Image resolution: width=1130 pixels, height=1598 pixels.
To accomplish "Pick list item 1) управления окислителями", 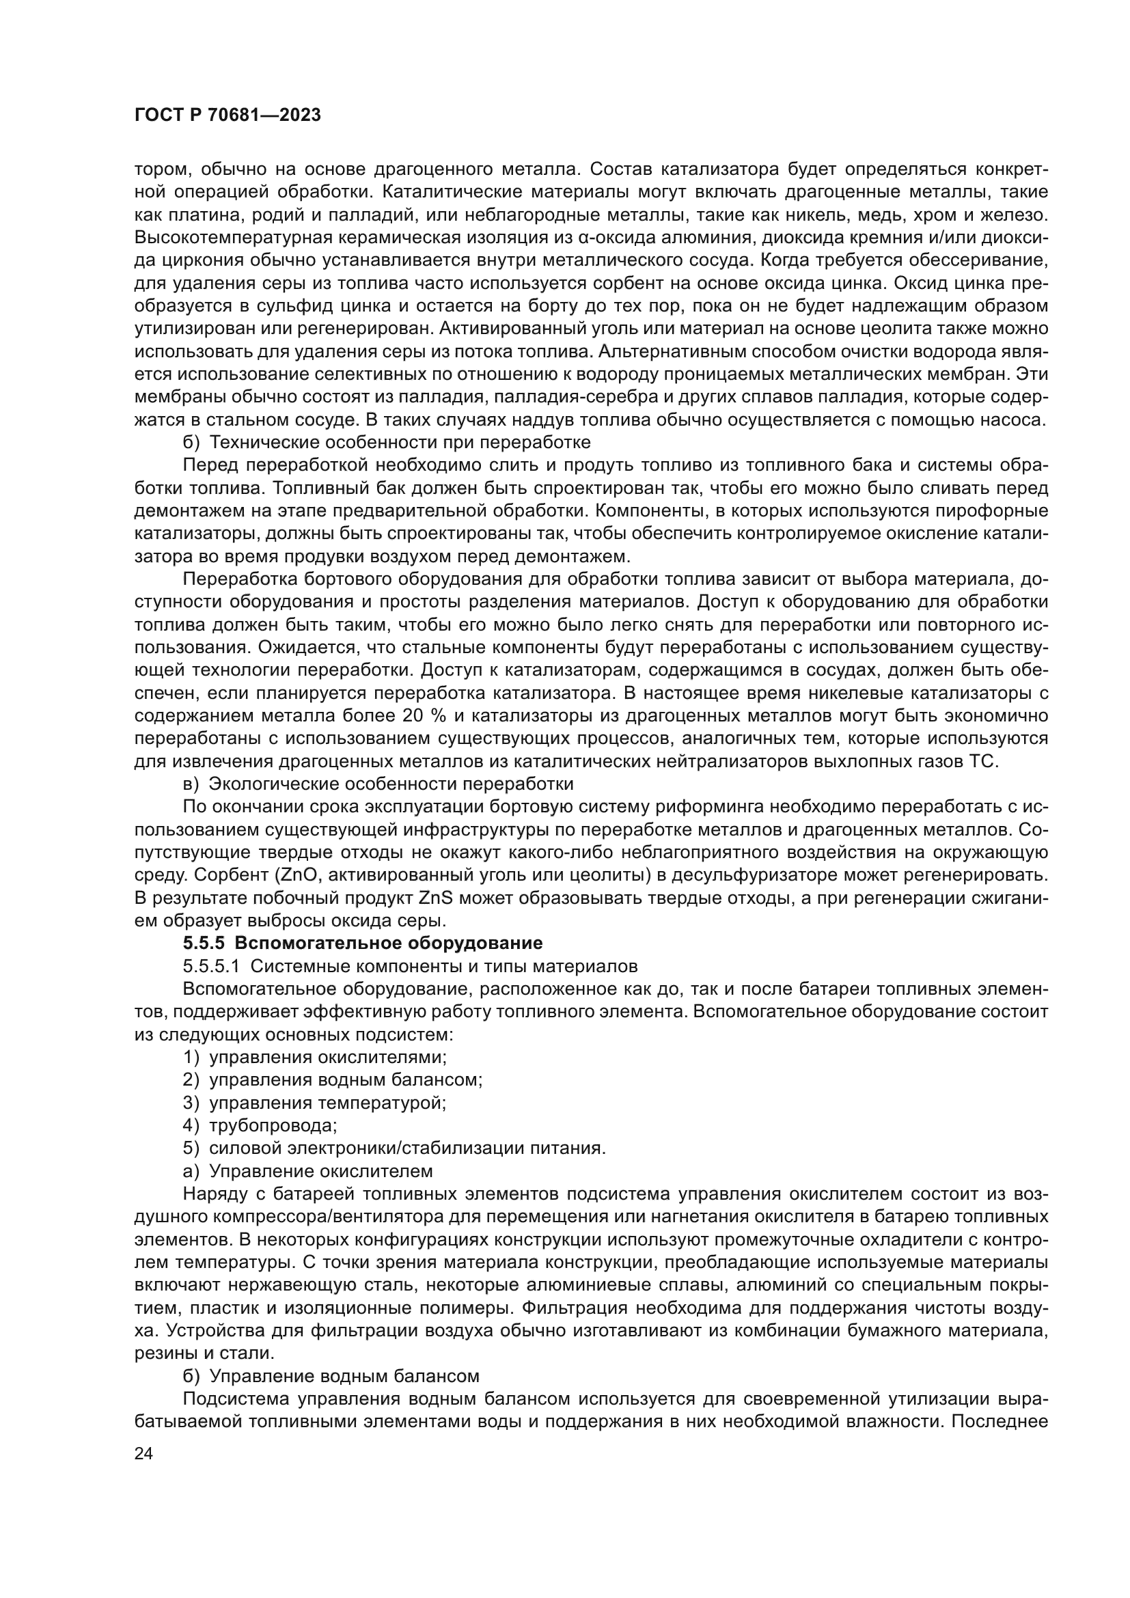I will [314, 1058].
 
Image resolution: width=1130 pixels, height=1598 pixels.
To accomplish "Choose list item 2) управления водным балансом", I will [333, 1080].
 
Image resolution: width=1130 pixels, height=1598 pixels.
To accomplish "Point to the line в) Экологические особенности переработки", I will [378, 784].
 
